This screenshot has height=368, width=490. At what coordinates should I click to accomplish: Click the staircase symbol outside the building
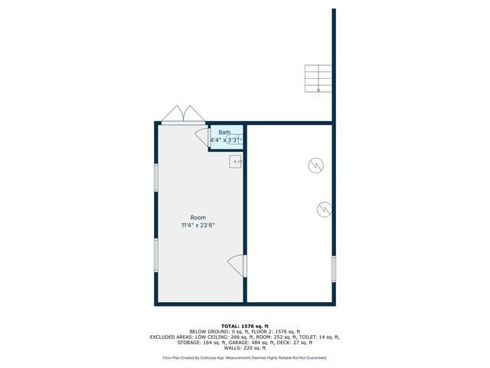coord(318,78)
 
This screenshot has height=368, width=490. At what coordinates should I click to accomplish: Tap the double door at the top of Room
coord(182,115)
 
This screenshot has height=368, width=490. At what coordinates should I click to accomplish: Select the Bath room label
coord(224,133)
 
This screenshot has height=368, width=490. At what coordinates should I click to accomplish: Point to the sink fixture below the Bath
coord(236,161)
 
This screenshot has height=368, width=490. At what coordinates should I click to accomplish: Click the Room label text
coord(198,218)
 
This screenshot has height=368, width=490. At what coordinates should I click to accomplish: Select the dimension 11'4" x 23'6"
coord(198,225)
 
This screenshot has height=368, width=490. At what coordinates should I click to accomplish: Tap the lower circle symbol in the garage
coord(324,209)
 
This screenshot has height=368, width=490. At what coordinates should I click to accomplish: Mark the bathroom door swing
coord(202,137)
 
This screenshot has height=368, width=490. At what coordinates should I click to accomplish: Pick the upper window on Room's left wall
coord(156,178)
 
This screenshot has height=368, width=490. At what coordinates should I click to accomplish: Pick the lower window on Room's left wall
coord(156,255)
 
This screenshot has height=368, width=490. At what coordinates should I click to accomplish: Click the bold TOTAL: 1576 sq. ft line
coord(245,326)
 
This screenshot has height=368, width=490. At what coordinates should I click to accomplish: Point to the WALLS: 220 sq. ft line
coord(245,347)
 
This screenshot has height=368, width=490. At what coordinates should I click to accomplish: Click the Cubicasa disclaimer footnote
coord(245,357)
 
